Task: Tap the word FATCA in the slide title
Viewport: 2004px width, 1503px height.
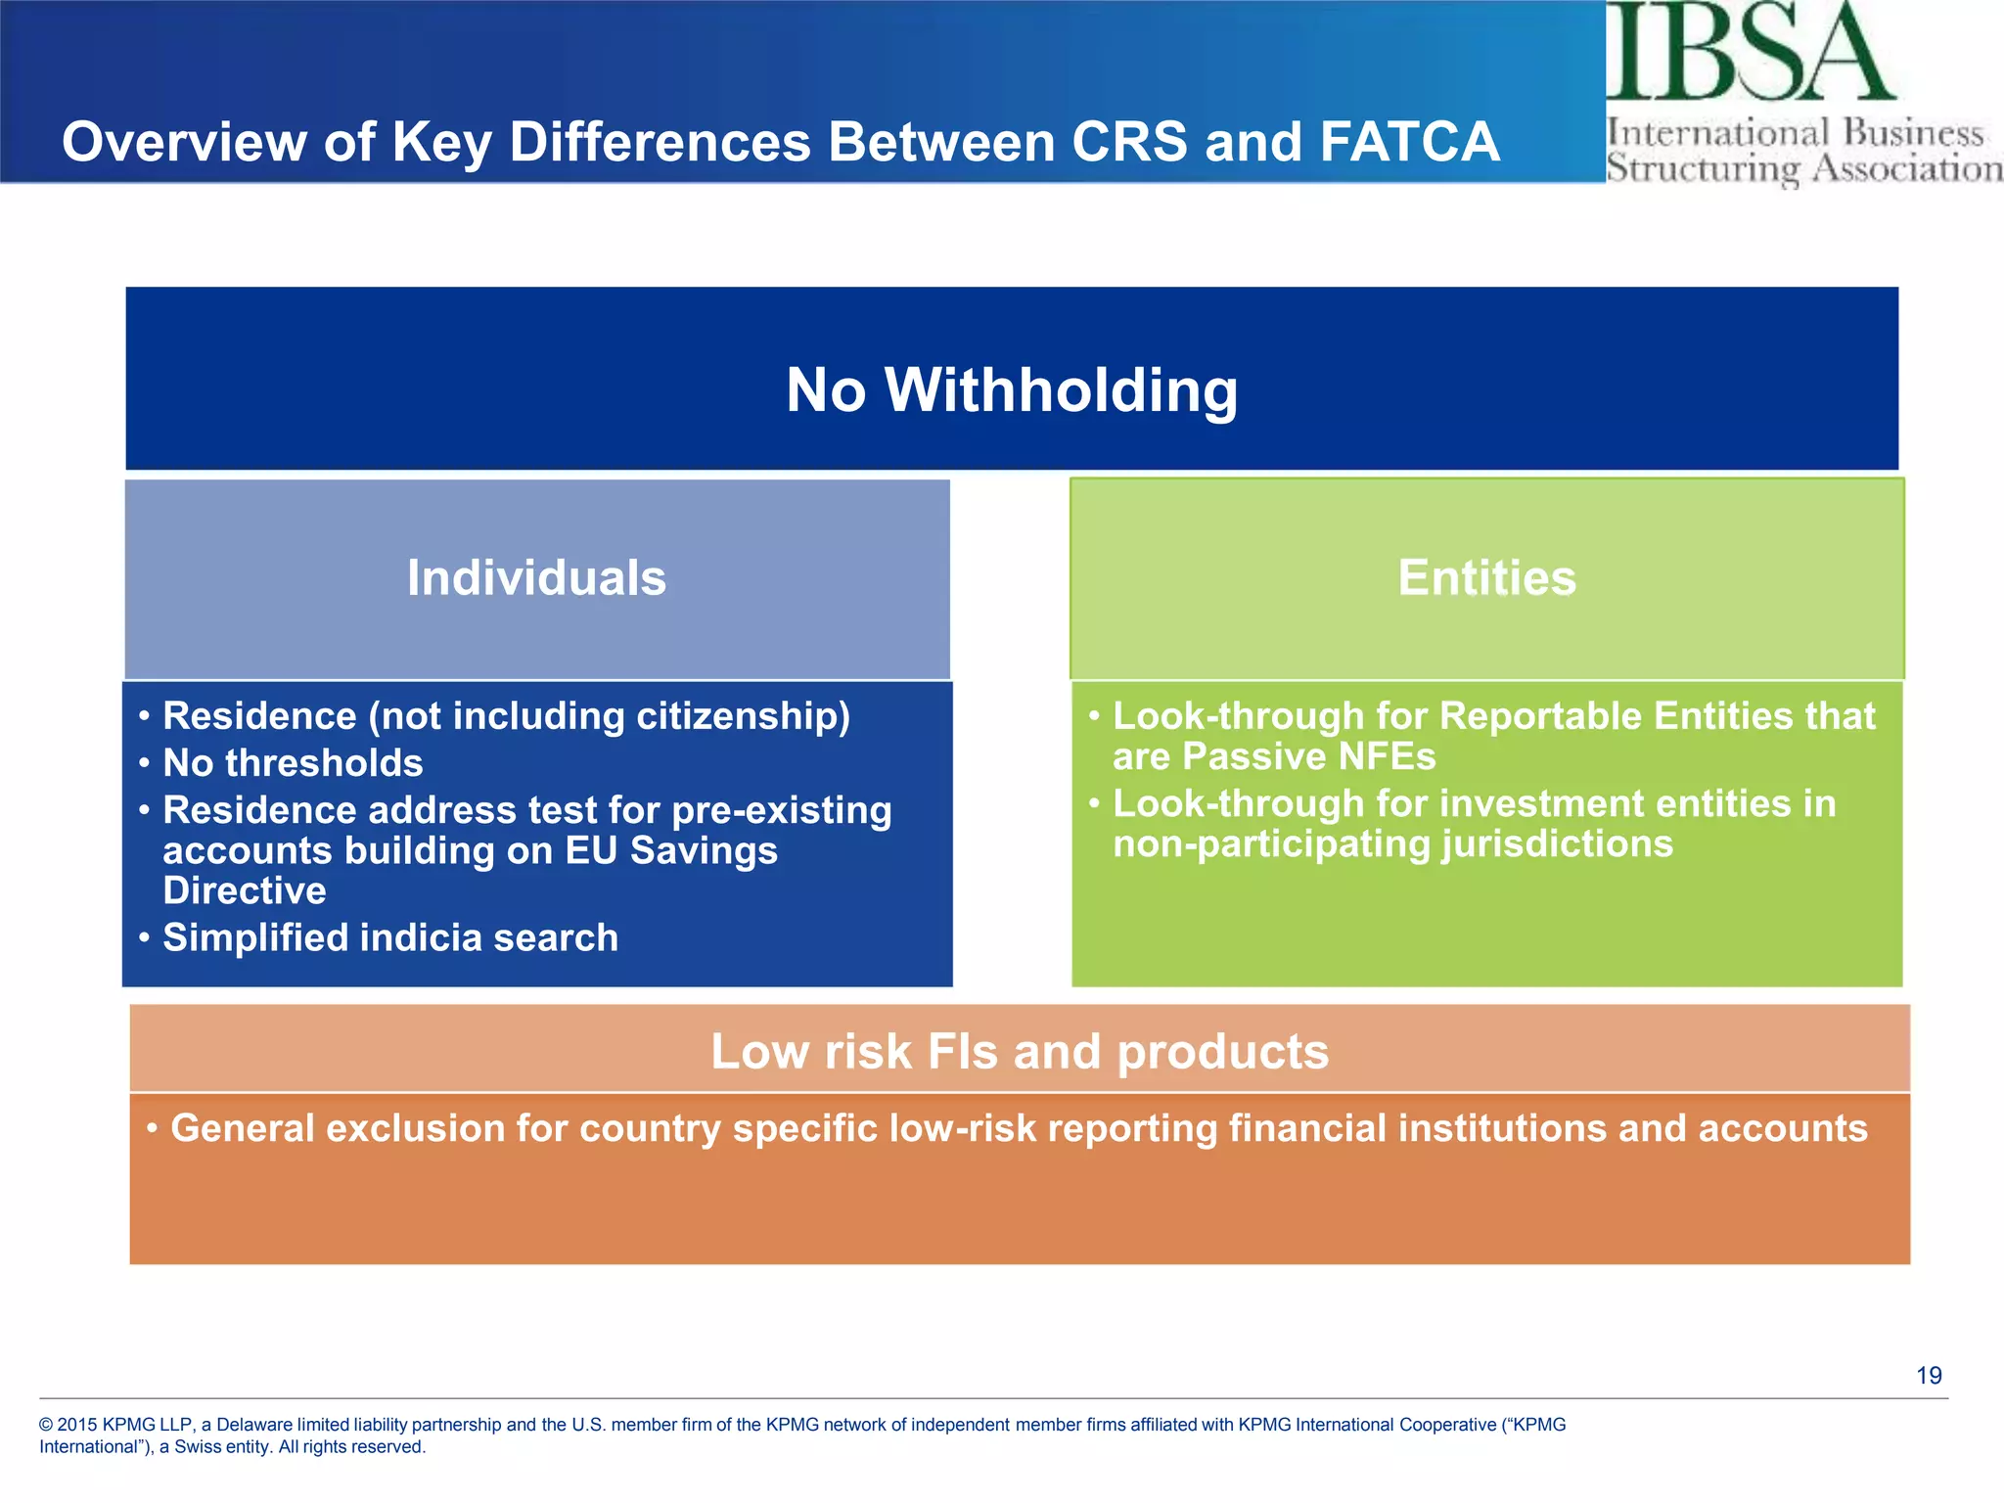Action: [1409, 142]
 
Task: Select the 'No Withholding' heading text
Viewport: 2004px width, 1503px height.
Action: [1012, 390]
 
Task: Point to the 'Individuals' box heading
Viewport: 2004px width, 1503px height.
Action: [536, 577]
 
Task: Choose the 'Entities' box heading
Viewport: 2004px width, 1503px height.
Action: [1486, 577]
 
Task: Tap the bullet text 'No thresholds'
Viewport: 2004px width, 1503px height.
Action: [293, 763]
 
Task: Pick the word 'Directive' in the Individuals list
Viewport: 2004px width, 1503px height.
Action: [245, 890]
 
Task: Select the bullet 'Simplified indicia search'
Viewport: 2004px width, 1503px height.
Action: [390, 937]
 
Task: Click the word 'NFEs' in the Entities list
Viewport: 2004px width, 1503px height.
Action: [1389, 756]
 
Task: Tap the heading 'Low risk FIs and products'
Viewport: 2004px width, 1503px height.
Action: [1020, 1052]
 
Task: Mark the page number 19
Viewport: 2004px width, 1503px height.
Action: [1929, 1376]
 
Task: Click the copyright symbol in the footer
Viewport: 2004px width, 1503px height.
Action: [46, 1425]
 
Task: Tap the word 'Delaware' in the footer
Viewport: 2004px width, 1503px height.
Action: [254, 1425]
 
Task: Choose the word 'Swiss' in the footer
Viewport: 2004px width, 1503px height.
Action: [198, 1447]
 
